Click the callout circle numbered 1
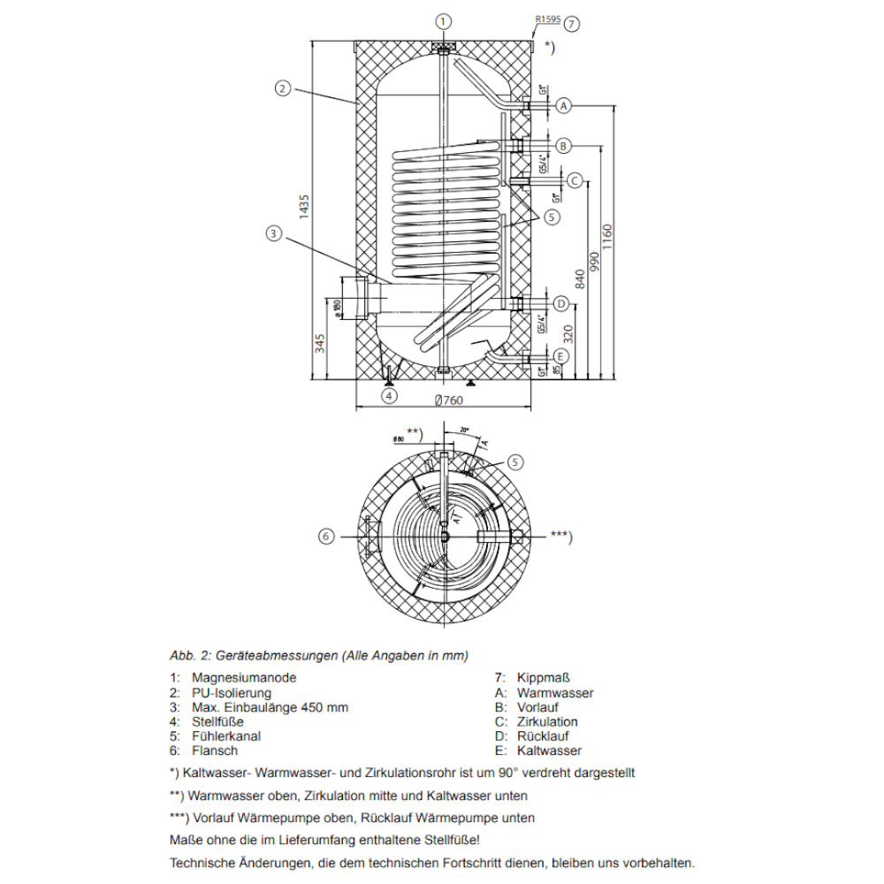[444, 20]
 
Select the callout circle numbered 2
[282, 88]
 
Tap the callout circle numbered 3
[273, 233]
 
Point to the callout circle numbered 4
[390, 396]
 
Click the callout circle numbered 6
[325, 536]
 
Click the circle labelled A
[563, 106]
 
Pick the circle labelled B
[563, 145]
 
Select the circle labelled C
[575, 180]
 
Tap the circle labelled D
[560, 304]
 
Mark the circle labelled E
[560, 356]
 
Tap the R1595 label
[547, 17]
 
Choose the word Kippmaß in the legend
[541, 678]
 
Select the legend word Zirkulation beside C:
[547, 721]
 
